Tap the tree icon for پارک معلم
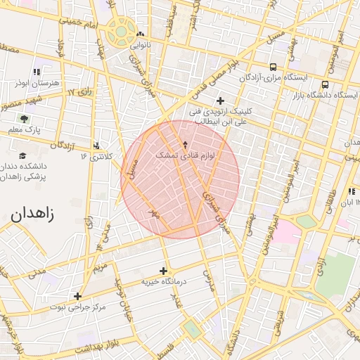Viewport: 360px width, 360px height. coord(24,119)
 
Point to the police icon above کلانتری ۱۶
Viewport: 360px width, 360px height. coord(96,145)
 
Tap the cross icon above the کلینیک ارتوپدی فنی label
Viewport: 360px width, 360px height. coord(221,101)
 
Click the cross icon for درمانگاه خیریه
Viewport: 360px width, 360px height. coord(164,270)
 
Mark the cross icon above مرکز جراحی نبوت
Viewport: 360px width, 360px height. coord(77,296)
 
